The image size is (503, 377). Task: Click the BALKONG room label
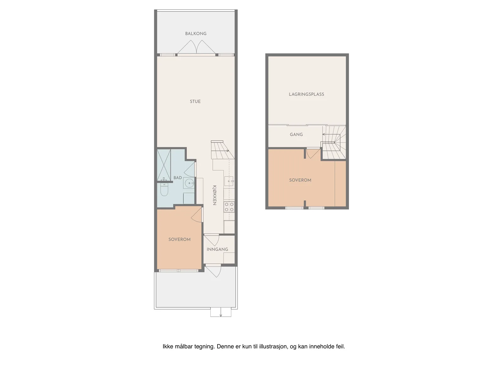pos(196,34)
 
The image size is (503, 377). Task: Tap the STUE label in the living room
pos(195,101)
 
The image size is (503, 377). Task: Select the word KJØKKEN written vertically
pos(214,195)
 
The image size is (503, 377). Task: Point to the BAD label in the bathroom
pos(178,178)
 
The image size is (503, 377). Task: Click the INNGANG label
pos(217,249)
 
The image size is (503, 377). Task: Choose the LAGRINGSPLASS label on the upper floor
pos(307,94)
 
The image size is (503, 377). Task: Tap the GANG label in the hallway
pos(296,134)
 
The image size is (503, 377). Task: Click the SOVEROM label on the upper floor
pos(300,180)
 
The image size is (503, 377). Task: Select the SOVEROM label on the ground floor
pos(180,239)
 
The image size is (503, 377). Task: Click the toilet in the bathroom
pos(164,189)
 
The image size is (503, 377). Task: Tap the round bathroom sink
pos(189,183)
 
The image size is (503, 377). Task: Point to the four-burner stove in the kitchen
pos(229,207)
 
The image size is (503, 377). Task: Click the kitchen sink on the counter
pos(229,181)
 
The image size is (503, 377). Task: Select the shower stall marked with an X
pos(164,165)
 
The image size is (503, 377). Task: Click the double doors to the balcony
pos(196,48)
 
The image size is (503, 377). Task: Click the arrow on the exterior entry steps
pos(221,312)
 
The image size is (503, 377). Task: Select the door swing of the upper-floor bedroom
pos(313,154)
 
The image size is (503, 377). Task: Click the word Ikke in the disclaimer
pos(168,347)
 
